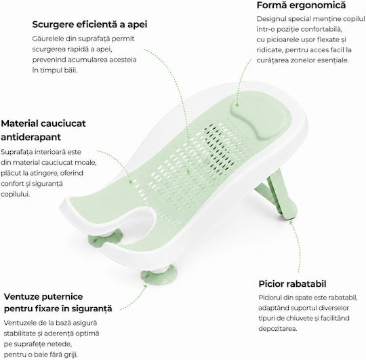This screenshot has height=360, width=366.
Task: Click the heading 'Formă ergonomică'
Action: point(301,5)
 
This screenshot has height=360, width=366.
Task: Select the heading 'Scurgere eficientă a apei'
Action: point(89,24)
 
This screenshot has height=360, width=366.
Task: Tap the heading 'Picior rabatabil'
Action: point(292,284)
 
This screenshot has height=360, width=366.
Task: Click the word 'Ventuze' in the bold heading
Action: point(21,297)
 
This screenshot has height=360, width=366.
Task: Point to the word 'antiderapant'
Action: point(30,137)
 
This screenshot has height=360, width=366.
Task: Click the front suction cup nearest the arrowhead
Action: point(159,275)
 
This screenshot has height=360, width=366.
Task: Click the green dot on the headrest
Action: point(237,105)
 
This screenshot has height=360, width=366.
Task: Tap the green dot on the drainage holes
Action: point(188,172)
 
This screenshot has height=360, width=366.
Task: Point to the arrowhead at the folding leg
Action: point(291,222)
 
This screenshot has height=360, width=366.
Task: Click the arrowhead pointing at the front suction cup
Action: point(145,286)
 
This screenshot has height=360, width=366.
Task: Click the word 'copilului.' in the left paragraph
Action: point(15,195)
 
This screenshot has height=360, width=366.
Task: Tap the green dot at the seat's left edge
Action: point(131,182)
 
